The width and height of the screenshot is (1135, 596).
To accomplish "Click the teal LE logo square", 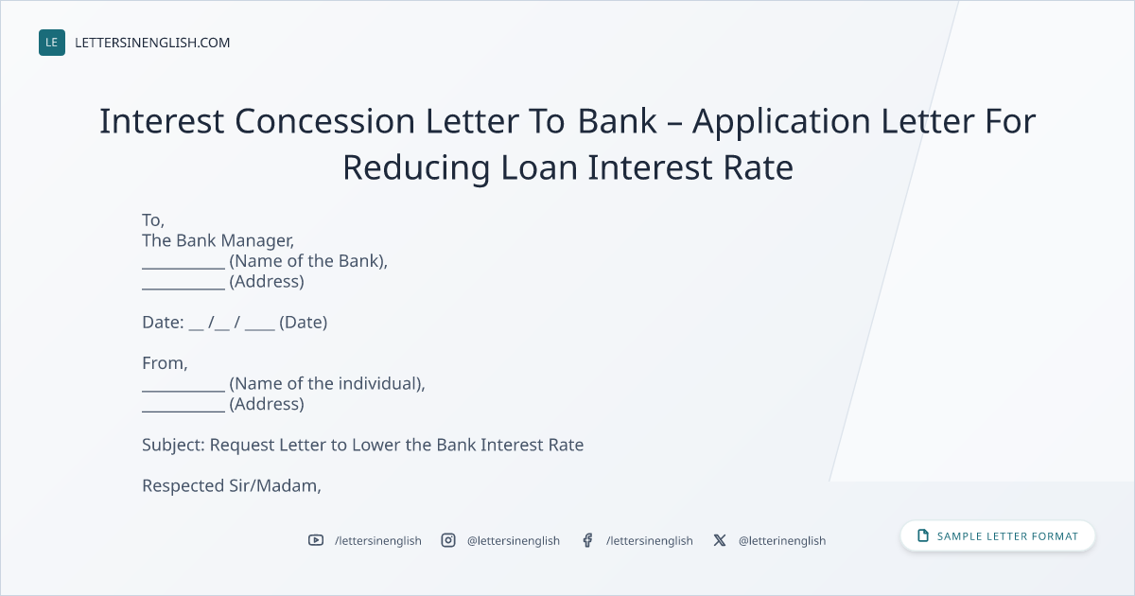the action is point(52,43).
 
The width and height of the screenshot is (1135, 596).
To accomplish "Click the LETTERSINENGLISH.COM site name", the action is point(152,43).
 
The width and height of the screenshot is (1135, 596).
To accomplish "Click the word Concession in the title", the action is point(324,121).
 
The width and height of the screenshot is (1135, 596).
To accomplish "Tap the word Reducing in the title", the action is point(416,167).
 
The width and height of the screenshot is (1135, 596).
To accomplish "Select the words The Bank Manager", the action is point(218,240).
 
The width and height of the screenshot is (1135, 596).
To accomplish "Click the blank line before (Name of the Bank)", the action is point(183,268).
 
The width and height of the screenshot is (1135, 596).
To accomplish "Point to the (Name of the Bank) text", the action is point(308,261).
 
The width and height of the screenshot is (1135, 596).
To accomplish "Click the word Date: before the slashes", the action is point(163,323).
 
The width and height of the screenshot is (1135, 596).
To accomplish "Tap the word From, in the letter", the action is point(165,363).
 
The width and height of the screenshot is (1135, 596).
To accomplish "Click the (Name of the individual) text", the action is point(327,384).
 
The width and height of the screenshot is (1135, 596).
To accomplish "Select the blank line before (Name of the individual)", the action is point(183,391).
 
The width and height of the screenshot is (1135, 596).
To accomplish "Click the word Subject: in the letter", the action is point(173,445).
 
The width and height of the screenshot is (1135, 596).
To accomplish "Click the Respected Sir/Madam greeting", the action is point(232,486).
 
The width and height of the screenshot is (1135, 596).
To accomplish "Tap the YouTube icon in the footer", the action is point(316,540).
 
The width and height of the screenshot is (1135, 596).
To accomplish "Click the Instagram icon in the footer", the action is point(448,540).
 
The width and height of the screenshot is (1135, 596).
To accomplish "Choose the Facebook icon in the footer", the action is point(587,540).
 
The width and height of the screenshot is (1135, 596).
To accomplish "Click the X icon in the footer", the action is point(720,540).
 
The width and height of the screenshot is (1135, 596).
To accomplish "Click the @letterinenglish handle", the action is point(782,541).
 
